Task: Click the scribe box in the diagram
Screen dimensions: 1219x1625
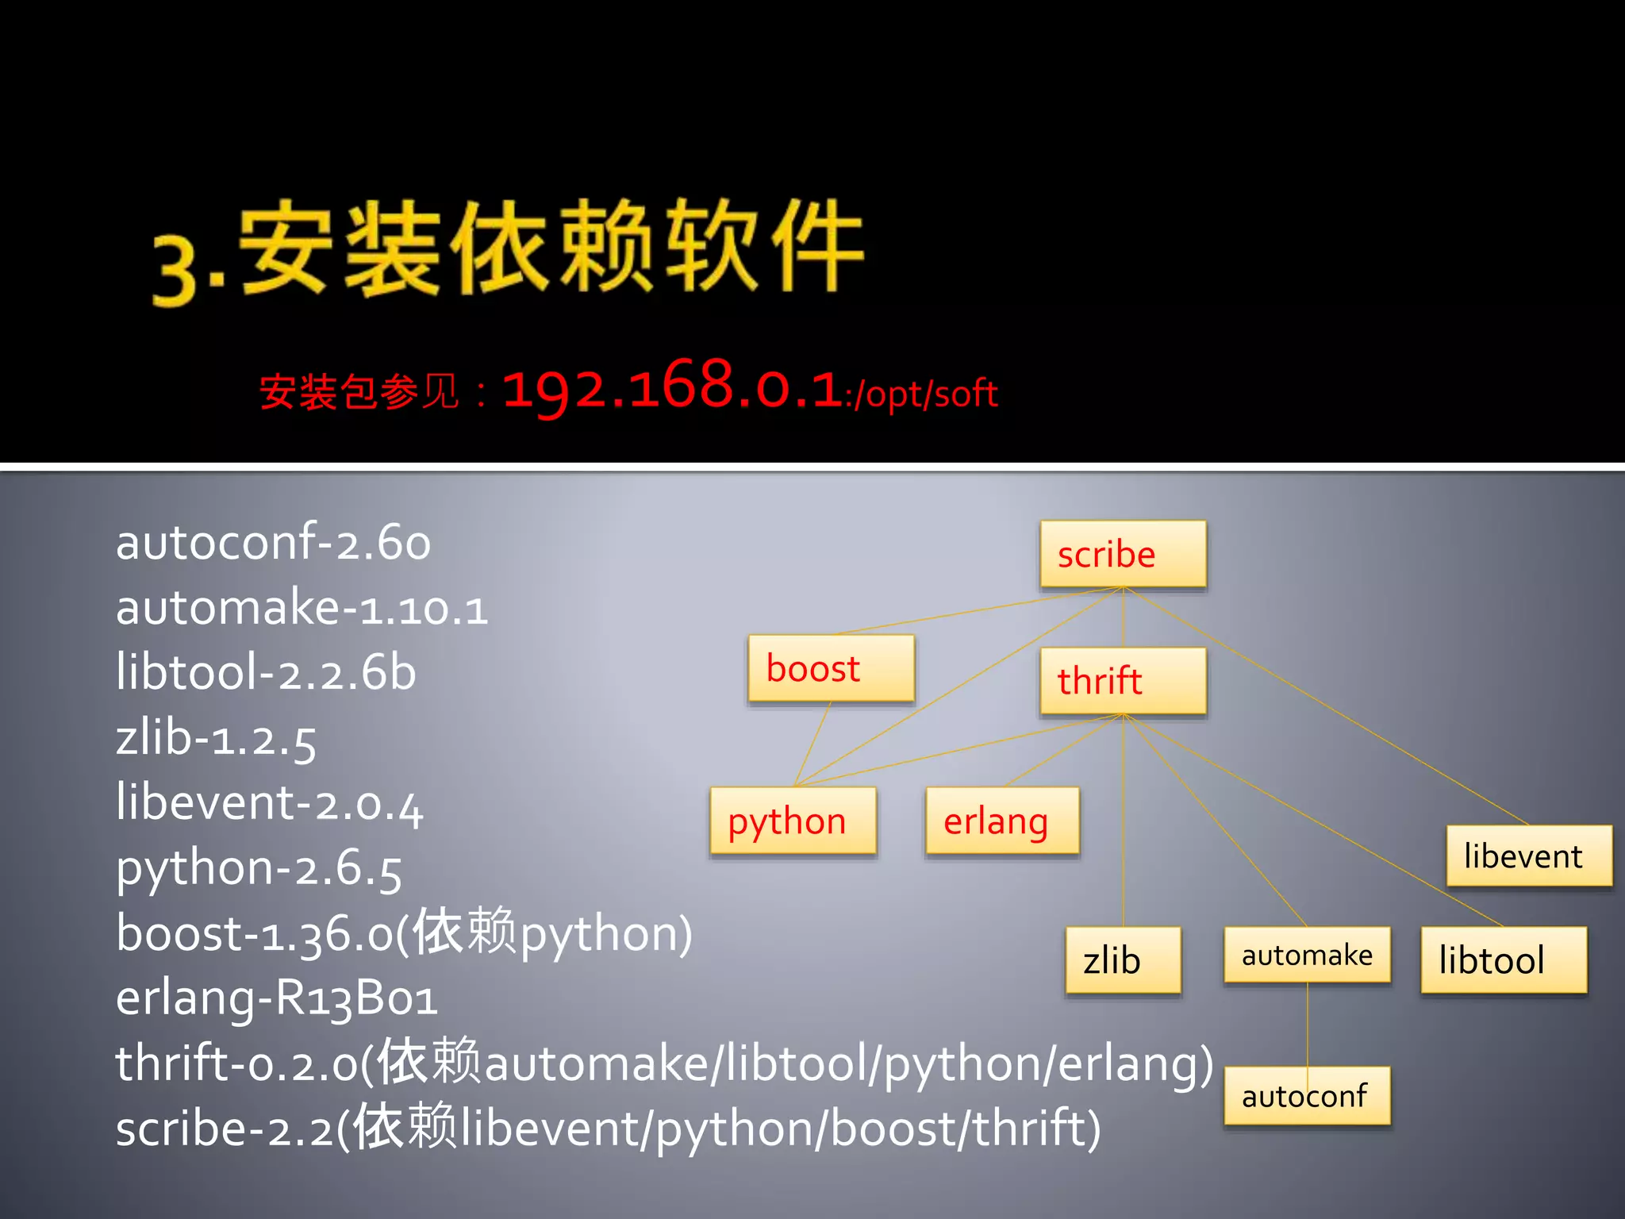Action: [x=1123, y=554]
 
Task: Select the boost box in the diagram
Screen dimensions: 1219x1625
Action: [x=831, y=668]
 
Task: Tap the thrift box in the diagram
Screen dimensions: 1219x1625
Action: [x=1123, y=681]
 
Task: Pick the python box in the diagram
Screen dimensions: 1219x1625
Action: [x=793, y=821]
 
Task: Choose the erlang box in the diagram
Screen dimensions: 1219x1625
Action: [x=1002, y=821]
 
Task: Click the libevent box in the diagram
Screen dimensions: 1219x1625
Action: [x=1529, y=856]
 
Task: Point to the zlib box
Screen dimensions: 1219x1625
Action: [x=1123, y=960]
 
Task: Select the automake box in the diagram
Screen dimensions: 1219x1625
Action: [x=1307, y=955]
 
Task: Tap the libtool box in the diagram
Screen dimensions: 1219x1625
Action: [x=1504, y=960]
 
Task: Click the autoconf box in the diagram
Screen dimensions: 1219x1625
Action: [x=1307, y=1096]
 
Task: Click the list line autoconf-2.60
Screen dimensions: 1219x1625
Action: [x=273, y=543]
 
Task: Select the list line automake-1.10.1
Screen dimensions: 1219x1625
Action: [x=302, y=609]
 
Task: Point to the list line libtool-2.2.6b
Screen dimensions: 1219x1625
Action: [x=266, y=673]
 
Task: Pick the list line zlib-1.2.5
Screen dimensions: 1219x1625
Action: [x=216, y=739]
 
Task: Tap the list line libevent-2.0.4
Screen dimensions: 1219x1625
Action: [x=270, y=803]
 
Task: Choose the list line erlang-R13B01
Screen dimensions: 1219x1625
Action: [x=276, y=998]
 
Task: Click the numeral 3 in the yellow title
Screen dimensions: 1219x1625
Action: [x=175, y=270]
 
